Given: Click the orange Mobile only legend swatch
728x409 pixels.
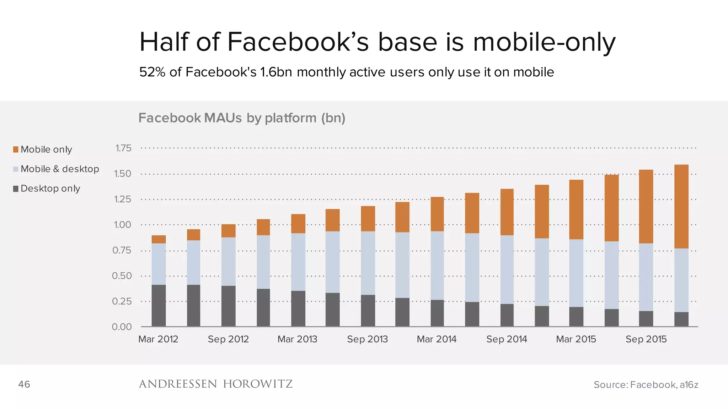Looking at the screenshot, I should pos(16,149).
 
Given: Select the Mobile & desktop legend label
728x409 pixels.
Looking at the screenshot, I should pos(60,169).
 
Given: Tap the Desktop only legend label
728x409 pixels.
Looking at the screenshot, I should pos(50,189).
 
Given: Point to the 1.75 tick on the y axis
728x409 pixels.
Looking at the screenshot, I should pos(123,148).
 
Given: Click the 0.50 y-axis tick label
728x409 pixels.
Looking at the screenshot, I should pos(122,276).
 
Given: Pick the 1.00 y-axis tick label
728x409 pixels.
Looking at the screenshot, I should pos(122,225).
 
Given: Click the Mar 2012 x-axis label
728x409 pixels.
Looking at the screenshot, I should pos(158,339).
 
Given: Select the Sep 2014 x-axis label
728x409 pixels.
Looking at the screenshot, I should pos(507,339).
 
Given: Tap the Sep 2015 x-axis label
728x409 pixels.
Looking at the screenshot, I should pos(646,339).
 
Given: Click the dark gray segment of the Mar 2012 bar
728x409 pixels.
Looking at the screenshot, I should pos(159,305).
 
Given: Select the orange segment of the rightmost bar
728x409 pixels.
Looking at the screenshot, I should pos(681,206).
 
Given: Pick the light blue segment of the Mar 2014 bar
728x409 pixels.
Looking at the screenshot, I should pos(437,266).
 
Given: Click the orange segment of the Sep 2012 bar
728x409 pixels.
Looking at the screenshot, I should pos(228,231).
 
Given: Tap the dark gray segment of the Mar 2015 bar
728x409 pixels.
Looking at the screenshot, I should pos(576,317).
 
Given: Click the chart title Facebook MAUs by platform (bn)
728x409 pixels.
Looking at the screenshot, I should pos(242,118).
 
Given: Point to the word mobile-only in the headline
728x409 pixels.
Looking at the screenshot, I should pos(544,42).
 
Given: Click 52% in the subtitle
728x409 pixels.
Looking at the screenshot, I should pos(152,72).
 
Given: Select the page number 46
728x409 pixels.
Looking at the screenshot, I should pos(24,384).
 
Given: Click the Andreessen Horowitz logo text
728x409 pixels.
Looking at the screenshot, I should pos(215,384).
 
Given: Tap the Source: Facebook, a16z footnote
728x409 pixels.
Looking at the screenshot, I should pos(646,385).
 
